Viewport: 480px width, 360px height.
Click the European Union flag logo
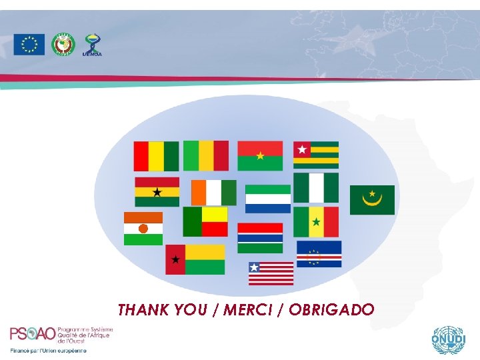tap(29, 45)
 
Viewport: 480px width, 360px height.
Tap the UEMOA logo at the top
tap(92, 45)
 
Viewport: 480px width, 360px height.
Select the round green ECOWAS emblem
tap(63, 44)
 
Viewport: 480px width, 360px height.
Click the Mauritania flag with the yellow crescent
tap(372, 200)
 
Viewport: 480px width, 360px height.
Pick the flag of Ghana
tap(157, 191)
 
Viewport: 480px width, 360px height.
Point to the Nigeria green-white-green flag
tap(316, 187)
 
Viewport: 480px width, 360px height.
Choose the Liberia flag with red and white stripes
tap(271, 273)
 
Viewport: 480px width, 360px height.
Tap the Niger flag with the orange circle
tap(143, 229)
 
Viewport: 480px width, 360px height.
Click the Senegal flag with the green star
tap(316, 221)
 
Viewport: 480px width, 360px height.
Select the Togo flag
tap(316, 155)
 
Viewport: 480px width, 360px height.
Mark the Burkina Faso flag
tap(260, 156)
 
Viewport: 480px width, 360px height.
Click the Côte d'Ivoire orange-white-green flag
tap(213, 193)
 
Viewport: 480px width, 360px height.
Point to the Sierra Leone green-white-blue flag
tap(268, 199)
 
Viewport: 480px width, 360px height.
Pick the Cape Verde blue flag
tap(319, 254)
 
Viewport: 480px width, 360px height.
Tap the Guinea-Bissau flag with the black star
tap(195, 259)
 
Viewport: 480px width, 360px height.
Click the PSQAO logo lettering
tap(33, 333)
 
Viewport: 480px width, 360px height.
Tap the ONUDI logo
tap(446, 341)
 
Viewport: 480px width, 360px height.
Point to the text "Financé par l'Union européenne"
tap(48, 351)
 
